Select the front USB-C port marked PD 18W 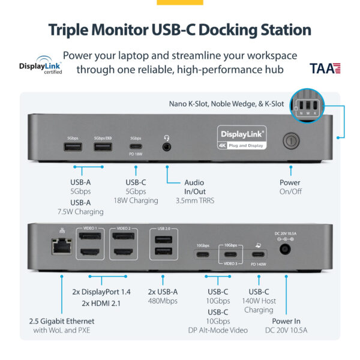(136, 147)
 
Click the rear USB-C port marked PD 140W (259, 254)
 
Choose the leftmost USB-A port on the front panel (73, 147)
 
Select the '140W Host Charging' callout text (259, 305)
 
